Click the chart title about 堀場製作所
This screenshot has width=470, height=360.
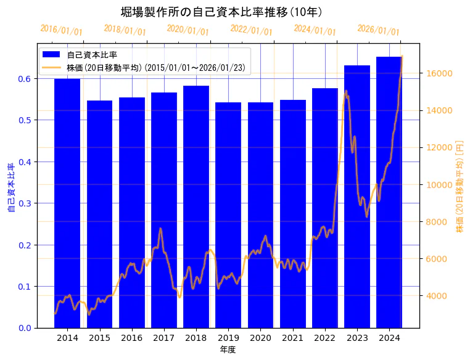click(221, 12)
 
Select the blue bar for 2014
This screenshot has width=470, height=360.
click(67, 203)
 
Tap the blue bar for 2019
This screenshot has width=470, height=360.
click(228, 216)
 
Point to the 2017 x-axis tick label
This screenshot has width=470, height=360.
click(163, 338)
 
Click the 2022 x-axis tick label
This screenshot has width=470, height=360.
click(325, 338)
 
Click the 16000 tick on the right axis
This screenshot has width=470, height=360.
click(440, 73)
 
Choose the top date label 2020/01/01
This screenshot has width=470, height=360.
click(188, 30)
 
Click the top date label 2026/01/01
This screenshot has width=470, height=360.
click(378, 30)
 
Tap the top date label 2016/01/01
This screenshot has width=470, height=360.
click(61, 30)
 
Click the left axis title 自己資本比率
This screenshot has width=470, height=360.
click(11, 188)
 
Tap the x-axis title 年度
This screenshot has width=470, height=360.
click(228, 350)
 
